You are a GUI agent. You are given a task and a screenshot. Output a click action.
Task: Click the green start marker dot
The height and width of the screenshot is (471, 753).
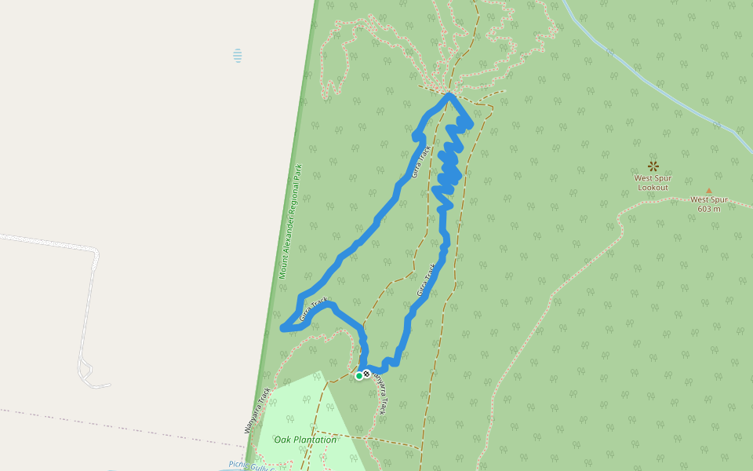pos(359,376)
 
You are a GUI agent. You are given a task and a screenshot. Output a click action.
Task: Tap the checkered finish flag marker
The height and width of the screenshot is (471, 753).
pos(367,374)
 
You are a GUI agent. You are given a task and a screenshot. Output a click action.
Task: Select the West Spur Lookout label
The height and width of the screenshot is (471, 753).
pos(652,182)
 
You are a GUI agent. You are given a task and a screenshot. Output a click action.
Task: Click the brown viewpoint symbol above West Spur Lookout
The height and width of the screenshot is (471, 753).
pos(653,166)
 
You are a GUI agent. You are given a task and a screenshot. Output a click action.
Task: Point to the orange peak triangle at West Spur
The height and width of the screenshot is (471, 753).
pos(709,191)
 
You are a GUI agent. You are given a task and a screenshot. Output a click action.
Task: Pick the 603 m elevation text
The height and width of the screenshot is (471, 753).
pos(709,208)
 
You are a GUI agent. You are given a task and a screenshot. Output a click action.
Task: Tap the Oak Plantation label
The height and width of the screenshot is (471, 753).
pos(305,440)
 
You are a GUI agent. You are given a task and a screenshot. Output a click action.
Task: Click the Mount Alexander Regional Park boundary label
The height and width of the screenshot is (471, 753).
pos(290,221)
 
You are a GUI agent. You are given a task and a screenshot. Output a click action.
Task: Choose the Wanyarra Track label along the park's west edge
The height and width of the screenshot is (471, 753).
pos(257,410)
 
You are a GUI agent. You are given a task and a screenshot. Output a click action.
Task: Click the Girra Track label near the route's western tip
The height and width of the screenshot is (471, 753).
pos(314,309)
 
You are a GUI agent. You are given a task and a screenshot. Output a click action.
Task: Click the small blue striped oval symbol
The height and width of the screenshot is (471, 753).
pos(237,56)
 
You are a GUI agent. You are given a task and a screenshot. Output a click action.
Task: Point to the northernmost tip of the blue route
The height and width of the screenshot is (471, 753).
pos(449,95)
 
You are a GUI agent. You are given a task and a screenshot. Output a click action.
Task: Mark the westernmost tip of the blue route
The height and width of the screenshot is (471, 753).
pos(282,328)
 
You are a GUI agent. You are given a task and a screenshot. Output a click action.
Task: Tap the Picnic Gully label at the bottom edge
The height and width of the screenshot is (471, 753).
pos(247,465)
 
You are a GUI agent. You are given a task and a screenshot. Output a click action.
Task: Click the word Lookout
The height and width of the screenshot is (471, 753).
pos(653,188)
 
